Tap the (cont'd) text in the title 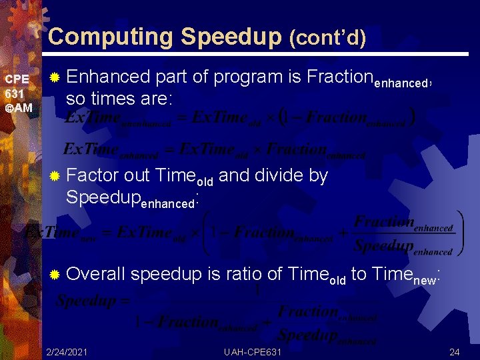coord(327,38)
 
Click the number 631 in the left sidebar coord(14,94)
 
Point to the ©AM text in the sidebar coord(18,108)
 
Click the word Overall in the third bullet coord(96,274)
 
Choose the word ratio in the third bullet coord(225,274)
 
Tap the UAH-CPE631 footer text coord(253,351)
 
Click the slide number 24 coord(455,351)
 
